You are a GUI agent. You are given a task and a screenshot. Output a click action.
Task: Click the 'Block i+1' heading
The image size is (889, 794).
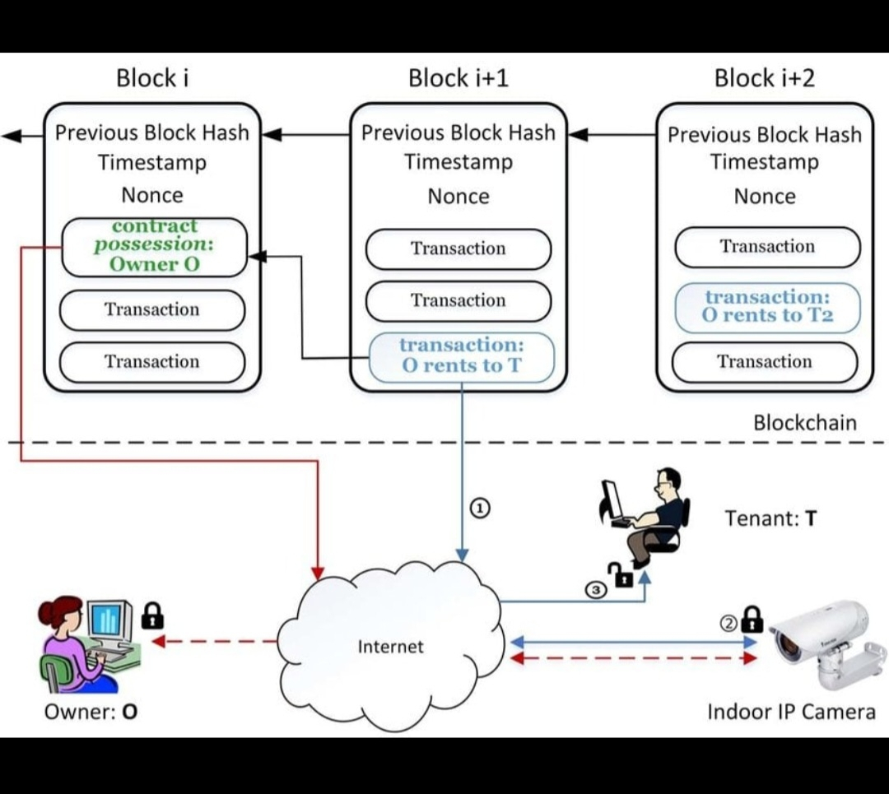tap(458, 78)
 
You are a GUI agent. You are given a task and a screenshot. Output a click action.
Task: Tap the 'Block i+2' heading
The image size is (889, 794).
tap(765, 78)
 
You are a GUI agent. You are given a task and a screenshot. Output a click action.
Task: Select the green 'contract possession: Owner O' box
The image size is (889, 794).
tap(155, 245)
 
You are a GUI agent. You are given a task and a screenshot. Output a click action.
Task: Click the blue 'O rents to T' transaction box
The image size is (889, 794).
tap(462, 356)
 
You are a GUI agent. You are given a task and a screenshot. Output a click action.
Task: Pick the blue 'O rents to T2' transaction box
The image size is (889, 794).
tap(767, 306)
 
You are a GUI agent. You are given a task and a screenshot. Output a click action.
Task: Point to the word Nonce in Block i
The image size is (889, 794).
tap(152, 195)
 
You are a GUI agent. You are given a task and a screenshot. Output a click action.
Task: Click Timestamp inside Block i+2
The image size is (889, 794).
tap(765, 162)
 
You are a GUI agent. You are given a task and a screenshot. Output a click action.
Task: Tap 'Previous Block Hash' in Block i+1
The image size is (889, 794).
tap(458, 132)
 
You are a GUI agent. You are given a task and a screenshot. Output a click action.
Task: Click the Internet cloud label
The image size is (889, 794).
tap(391, 647)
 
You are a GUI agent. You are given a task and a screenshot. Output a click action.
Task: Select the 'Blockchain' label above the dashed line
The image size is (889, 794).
tap(805, 423)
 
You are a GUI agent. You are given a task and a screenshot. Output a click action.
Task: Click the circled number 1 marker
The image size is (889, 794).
tap(480, 508)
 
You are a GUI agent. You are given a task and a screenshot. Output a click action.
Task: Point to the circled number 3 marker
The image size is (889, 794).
tap(596, 589)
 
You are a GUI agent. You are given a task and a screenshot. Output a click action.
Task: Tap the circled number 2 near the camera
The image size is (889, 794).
tap(728, 623)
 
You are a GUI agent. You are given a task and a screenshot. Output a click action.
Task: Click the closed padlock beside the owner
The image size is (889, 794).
tap(152, 615)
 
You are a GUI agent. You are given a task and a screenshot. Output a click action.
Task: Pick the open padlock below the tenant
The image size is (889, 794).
tap(620, 574)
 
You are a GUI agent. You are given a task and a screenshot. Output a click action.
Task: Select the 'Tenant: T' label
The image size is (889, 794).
tap(770, 518)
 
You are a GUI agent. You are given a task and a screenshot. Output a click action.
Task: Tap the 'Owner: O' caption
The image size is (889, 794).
tap(91, 711)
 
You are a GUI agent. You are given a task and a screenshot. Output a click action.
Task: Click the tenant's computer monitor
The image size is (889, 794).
tap(612, 499)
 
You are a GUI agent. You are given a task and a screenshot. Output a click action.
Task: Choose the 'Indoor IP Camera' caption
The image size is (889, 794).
tap(791, 711)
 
